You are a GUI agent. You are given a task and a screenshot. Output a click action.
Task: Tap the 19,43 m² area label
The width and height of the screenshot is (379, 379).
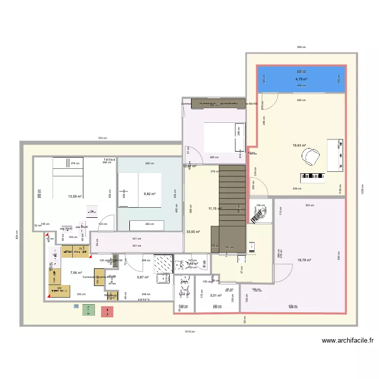tap(300, 146)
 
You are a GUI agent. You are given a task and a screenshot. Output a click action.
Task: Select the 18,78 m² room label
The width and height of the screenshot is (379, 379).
tap(304, 260)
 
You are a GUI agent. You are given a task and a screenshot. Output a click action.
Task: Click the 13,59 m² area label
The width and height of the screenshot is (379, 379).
tap(75, 197)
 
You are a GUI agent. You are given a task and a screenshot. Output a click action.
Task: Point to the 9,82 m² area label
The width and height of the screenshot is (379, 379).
tap(150, 194)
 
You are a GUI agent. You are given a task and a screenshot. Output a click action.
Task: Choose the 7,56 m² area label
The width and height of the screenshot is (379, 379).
tap(76, 273)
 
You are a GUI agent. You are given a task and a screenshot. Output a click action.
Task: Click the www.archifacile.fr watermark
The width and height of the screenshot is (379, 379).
tap(348, 341)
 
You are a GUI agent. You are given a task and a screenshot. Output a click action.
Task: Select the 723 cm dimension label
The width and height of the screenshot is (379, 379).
tap(102, 138)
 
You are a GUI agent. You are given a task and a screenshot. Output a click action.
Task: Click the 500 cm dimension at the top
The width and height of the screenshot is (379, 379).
tap(301, 47)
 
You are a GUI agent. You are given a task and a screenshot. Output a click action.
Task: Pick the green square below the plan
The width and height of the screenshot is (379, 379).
tap(89, 310)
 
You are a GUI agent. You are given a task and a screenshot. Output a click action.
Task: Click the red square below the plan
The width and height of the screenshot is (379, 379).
tap(107, 311)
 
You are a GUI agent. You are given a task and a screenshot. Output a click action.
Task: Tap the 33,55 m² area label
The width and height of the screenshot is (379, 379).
tap(193, 232)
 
